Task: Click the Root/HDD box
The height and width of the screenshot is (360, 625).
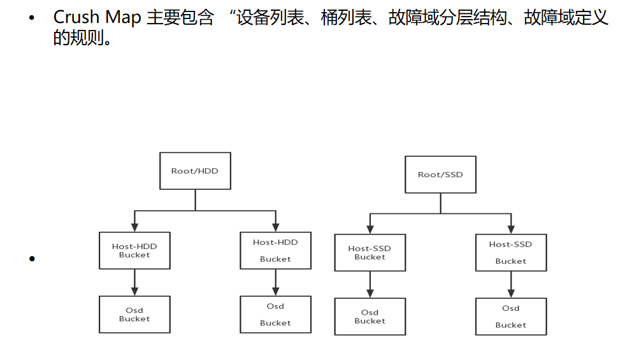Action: point(195,171)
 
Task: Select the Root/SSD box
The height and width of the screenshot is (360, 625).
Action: point(440,174)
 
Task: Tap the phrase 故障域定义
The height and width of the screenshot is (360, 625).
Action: point(566,18)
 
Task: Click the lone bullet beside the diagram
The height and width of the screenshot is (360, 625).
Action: point(31,259)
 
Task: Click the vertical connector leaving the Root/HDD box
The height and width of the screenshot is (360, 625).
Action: point(195,199)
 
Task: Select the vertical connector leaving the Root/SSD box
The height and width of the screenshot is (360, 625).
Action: point(440,203)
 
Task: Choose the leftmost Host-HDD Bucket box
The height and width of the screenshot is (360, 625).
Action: point(134,250)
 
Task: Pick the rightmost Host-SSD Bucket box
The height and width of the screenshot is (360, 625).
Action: point(511,252)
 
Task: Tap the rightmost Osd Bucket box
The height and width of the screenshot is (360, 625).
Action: point(511,317)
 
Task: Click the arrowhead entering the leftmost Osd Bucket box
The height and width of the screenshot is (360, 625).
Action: point(134,292)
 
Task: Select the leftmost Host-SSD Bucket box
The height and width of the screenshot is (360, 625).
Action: point(370,253)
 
